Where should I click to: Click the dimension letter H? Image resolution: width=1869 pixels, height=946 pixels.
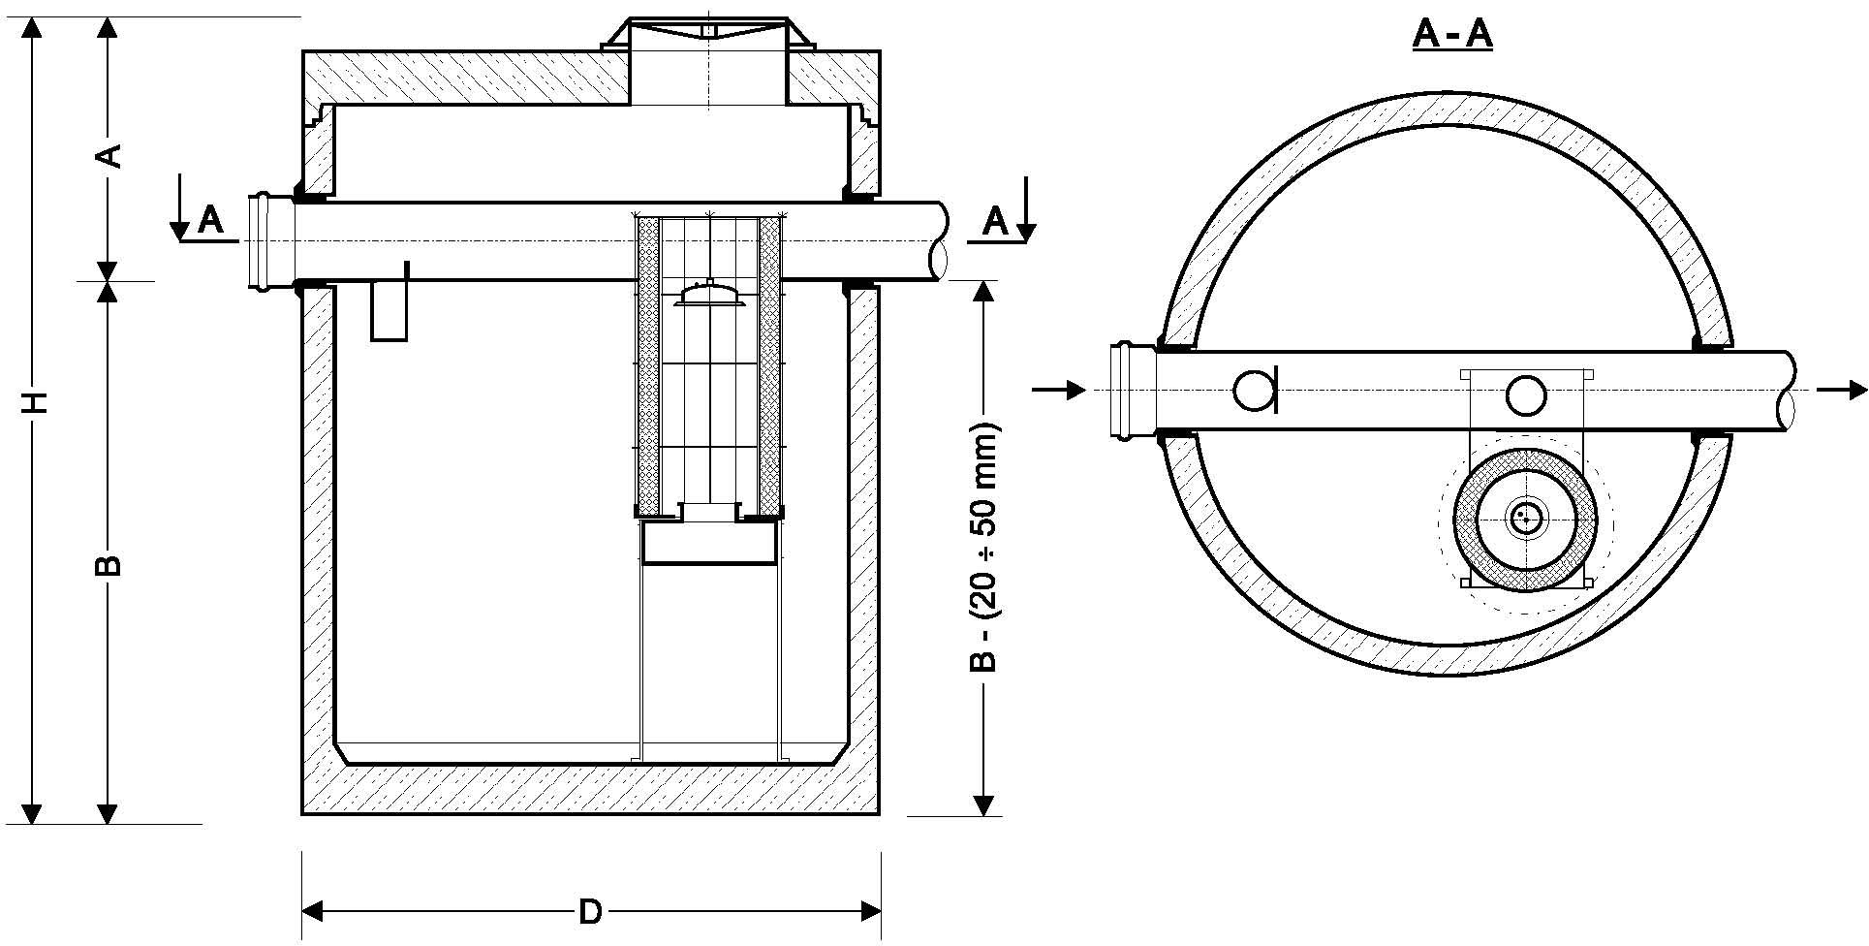(x=35, y=402)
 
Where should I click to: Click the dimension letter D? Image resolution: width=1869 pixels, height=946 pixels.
(x=590, y=912)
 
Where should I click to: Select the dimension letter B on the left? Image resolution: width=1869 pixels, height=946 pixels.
(x=109, y=565)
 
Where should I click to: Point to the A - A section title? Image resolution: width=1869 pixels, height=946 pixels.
(x=1452, y=34)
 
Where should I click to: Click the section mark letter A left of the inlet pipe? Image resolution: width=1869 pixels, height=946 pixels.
(x=210, y=221)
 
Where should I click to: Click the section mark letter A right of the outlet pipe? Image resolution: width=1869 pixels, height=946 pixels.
(x=995, y=221)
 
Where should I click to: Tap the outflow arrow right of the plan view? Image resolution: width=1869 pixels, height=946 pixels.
(x=1842, y=391)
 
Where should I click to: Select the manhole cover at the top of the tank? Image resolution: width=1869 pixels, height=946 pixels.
(x=708, y=33)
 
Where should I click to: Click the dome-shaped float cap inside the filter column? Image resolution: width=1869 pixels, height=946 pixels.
(x=711, y=294)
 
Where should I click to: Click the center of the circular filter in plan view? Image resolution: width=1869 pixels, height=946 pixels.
(x=1526, y=519)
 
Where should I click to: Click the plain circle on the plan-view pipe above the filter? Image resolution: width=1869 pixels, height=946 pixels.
(x=1526, y=394)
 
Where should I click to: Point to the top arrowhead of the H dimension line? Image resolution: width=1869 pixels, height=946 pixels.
(x=34, y=28)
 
